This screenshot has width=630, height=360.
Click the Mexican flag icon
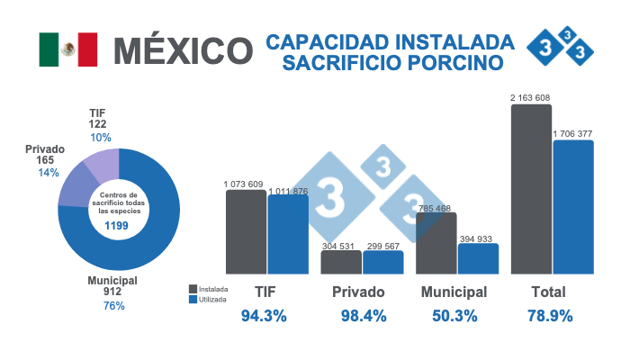pos(67,49)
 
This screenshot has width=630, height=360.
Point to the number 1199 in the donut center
pos(119,225)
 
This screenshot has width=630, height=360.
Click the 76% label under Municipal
pos(113,306)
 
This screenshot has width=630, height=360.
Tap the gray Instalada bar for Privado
pos(341,262)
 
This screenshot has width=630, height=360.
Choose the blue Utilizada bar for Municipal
pos(478,258)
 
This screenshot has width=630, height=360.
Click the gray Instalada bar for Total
pos(531,189)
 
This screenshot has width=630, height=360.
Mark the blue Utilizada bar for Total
pos(573,206)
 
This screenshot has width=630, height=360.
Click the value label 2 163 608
pos(531,97)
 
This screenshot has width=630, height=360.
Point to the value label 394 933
pos(479,238)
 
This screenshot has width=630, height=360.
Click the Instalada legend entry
pos(209,289)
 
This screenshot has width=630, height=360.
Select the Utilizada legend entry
pos(209,300)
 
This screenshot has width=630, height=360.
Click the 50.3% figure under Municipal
pos(454,316)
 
